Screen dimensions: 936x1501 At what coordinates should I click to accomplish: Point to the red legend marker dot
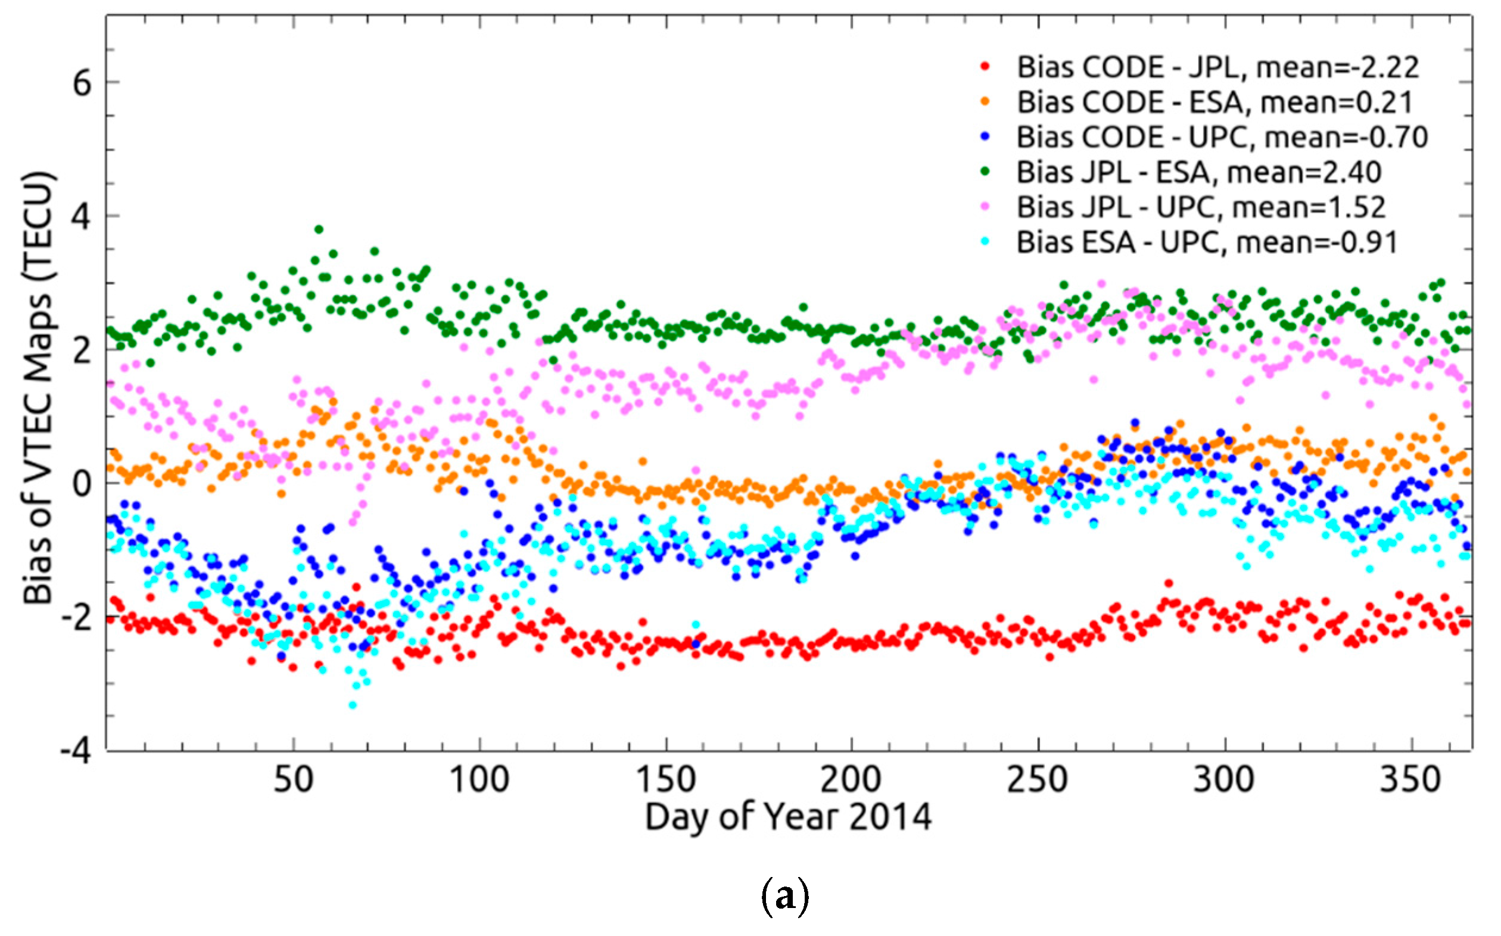pyautogui.click(x=986, y=67)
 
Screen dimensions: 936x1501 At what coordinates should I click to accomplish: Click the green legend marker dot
pyautogui.click(x=986, y=172)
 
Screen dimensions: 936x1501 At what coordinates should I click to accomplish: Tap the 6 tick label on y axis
pyautogui.click(x=82, y=82)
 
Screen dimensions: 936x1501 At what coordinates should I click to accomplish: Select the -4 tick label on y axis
pyautogui.click(x=75, y=751)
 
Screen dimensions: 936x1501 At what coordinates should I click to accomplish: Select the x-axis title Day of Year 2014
pyautogui.click(x=787, y=817)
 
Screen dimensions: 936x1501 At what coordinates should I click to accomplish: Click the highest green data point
pyautogui.click(x=319, y=229)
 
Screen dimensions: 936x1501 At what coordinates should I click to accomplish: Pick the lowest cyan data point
pyautogui.click(x=353, y=705)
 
